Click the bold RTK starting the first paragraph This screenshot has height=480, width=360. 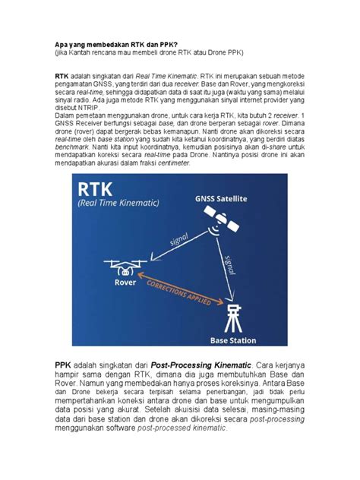pos(62,77)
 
